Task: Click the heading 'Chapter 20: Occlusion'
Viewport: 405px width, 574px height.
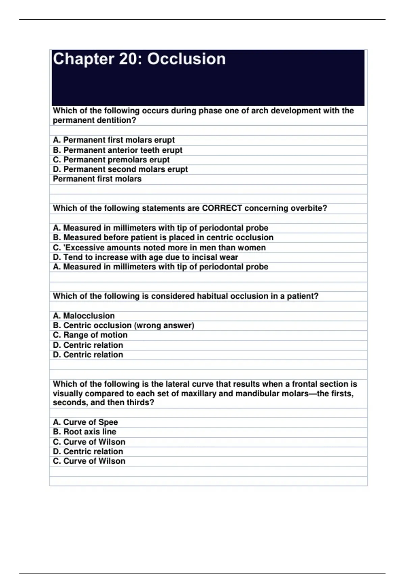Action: click(x=139, y=59)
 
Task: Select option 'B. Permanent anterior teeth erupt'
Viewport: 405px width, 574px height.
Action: click(x=117, y=150)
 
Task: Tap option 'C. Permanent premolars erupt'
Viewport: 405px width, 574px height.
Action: click(x=111, y=160)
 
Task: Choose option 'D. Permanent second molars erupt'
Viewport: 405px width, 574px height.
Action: click(x=120, y=169)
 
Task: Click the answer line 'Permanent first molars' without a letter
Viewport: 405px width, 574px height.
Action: click(x=97, y=179)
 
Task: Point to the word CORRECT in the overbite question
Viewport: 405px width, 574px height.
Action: click(x=222, y=208)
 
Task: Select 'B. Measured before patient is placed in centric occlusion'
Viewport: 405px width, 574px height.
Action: click(x=163, y=237)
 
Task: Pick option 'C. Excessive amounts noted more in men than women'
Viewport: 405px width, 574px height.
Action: click(x=159, y=247)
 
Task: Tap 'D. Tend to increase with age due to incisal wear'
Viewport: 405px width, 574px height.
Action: click(x=145, y=257)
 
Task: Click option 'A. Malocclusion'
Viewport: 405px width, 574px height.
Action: click(x=84, y=316)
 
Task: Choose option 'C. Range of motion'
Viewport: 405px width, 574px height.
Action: click(x=90, y=335)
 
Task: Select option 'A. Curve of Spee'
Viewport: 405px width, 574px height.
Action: click(x=85, y=422)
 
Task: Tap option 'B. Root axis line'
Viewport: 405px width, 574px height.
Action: click(x=84, y=432)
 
